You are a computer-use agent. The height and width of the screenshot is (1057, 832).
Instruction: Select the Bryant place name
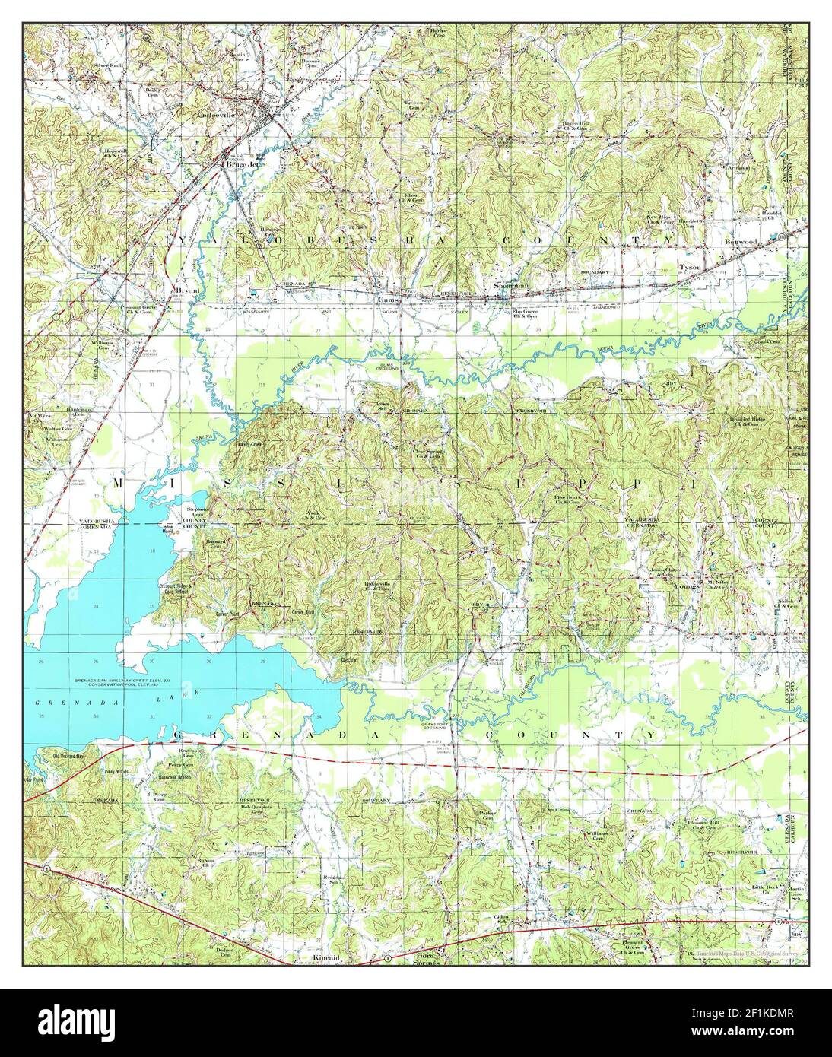[187, 290]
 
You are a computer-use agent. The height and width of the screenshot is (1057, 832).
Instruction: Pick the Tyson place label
[690, 268]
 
